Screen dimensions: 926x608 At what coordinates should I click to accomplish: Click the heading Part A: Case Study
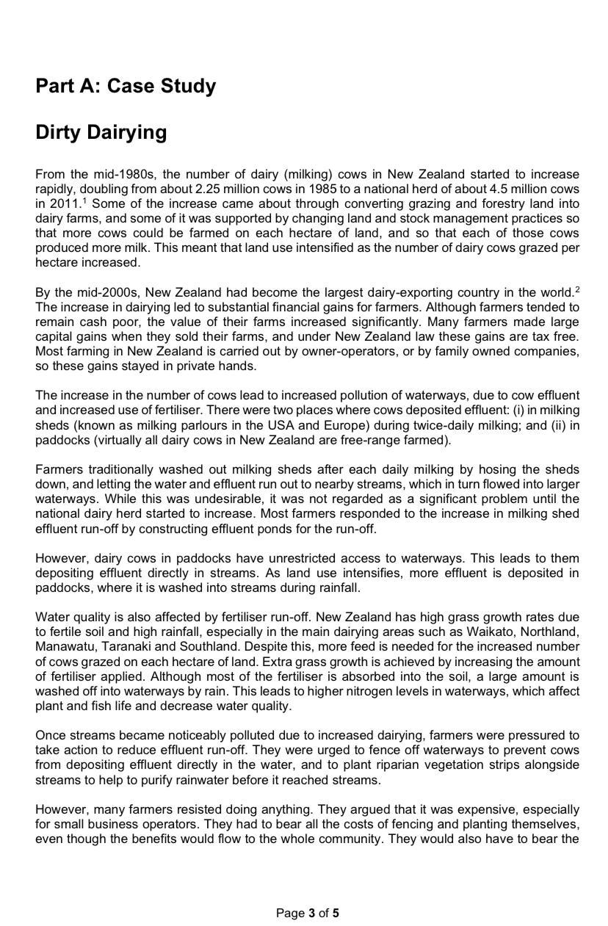[126, 86]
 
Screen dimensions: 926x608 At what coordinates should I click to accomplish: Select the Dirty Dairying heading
[101, 132]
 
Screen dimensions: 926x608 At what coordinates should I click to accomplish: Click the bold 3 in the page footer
[311, 914]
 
